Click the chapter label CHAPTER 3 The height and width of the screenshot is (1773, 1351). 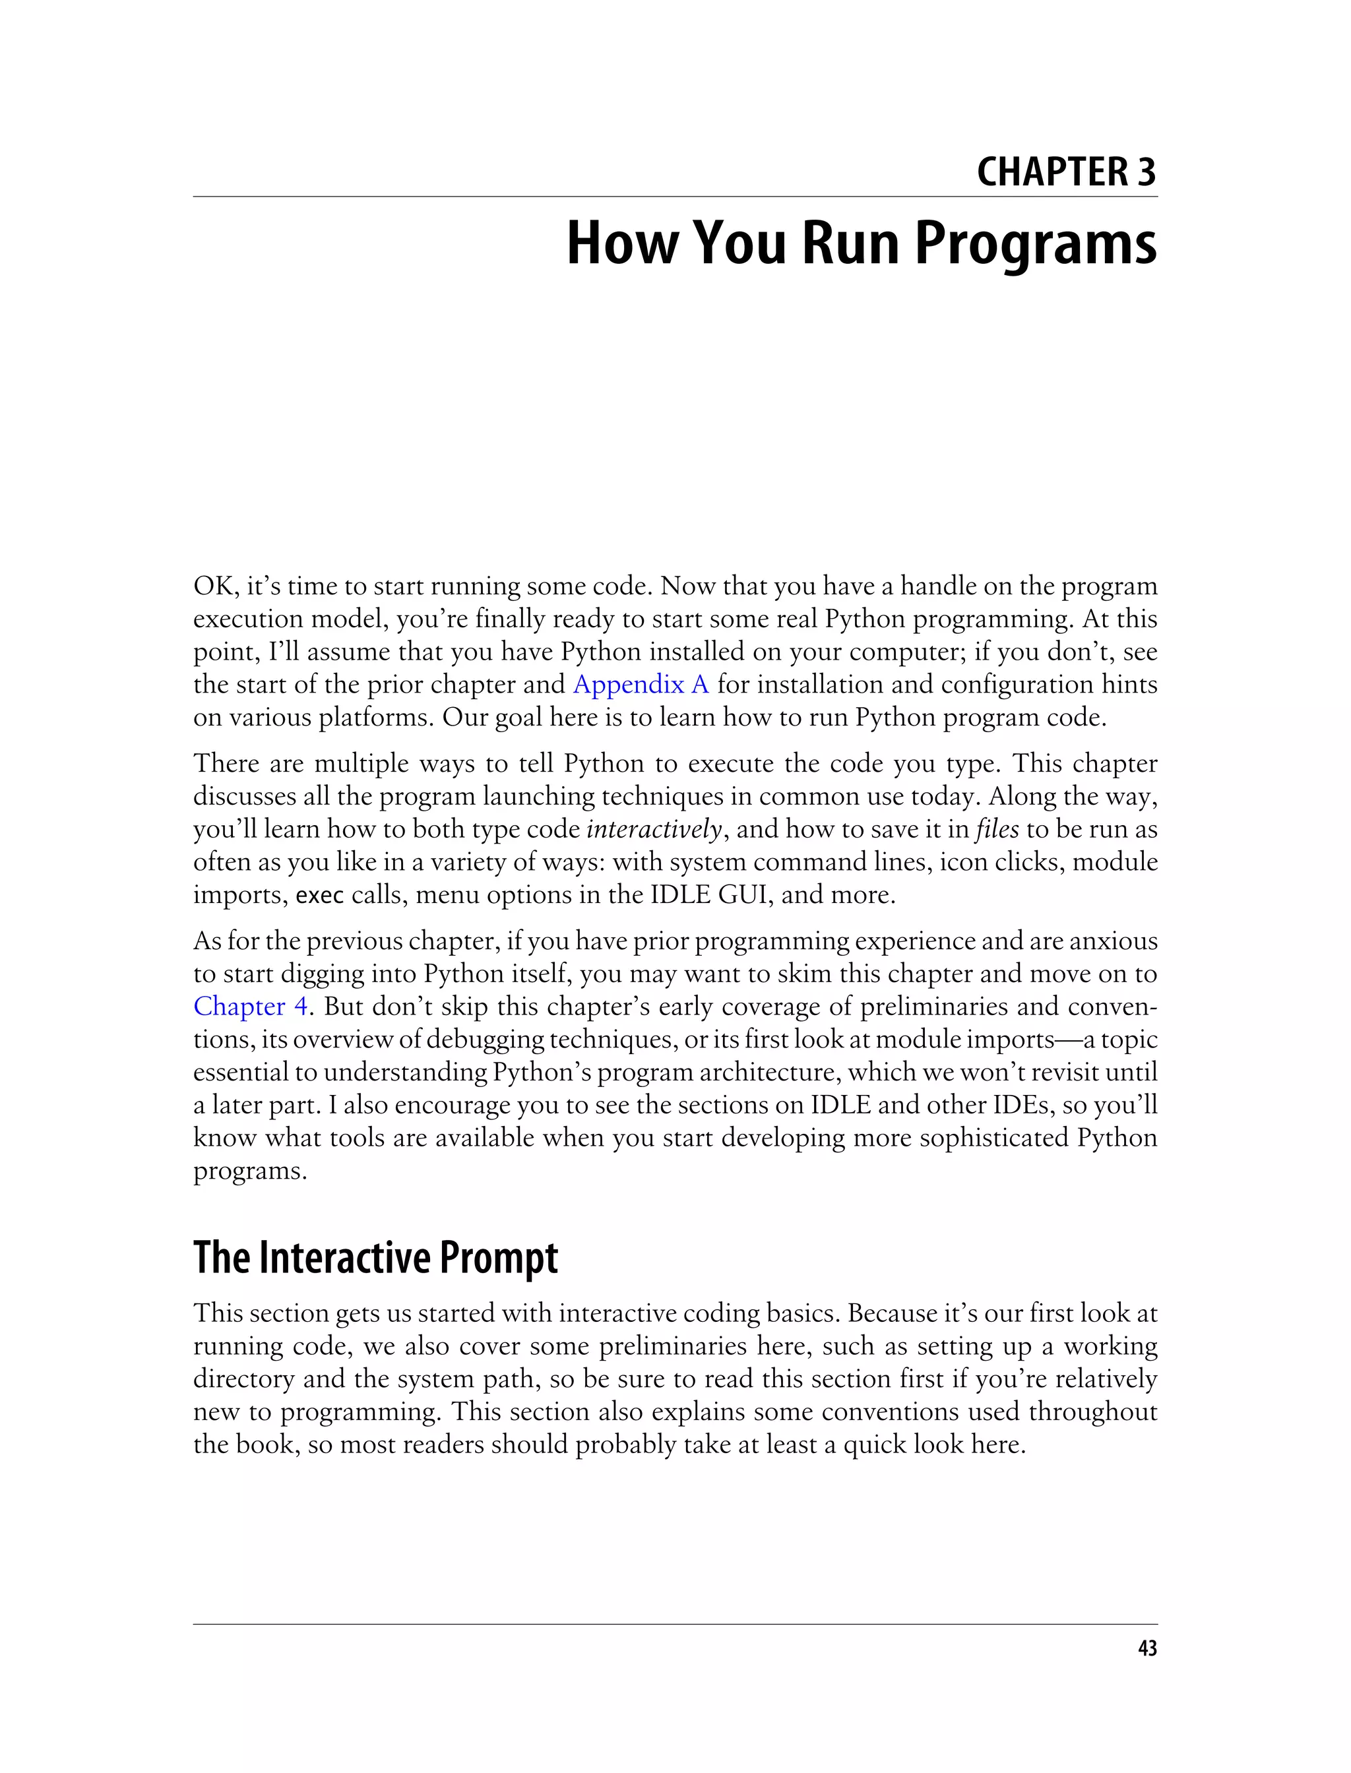1065,172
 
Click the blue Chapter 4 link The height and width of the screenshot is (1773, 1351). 251,1007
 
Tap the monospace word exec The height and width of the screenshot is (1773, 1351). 320,895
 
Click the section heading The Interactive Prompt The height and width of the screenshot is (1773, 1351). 375,1259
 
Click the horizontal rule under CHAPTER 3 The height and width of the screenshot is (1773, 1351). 675,196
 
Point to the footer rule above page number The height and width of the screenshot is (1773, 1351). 675,1624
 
